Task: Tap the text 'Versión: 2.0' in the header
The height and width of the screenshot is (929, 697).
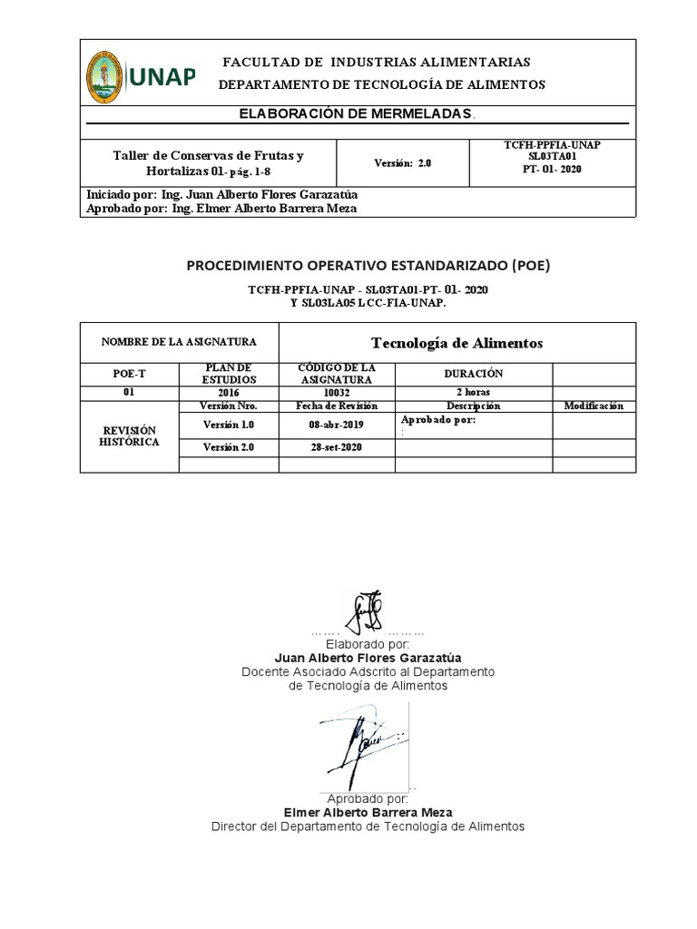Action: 403,163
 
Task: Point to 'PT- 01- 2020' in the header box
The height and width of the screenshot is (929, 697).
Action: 552,169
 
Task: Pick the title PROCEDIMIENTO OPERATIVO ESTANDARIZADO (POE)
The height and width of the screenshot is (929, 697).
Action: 368,266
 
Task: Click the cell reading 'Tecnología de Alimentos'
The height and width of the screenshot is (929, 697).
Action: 457,343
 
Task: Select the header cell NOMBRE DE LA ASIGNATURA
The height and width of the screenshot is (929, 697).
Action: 179,342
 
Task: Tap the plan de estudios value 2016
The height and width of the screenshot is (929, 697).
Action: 229,393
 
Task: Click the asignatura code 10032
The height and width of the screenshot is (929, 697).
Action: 336,393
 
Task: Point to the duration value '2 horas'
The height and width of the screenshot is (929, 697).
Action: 473,393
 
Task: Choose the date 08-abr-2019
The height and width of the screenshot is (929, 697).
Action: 336,424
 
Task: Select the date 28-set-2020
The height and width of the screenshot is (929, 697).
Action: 336,448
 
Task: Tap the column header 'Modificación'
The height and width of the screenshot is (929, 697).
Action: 594,406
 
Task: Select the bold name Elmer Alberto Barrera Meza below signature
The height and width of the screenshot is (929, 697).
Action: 368,813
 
